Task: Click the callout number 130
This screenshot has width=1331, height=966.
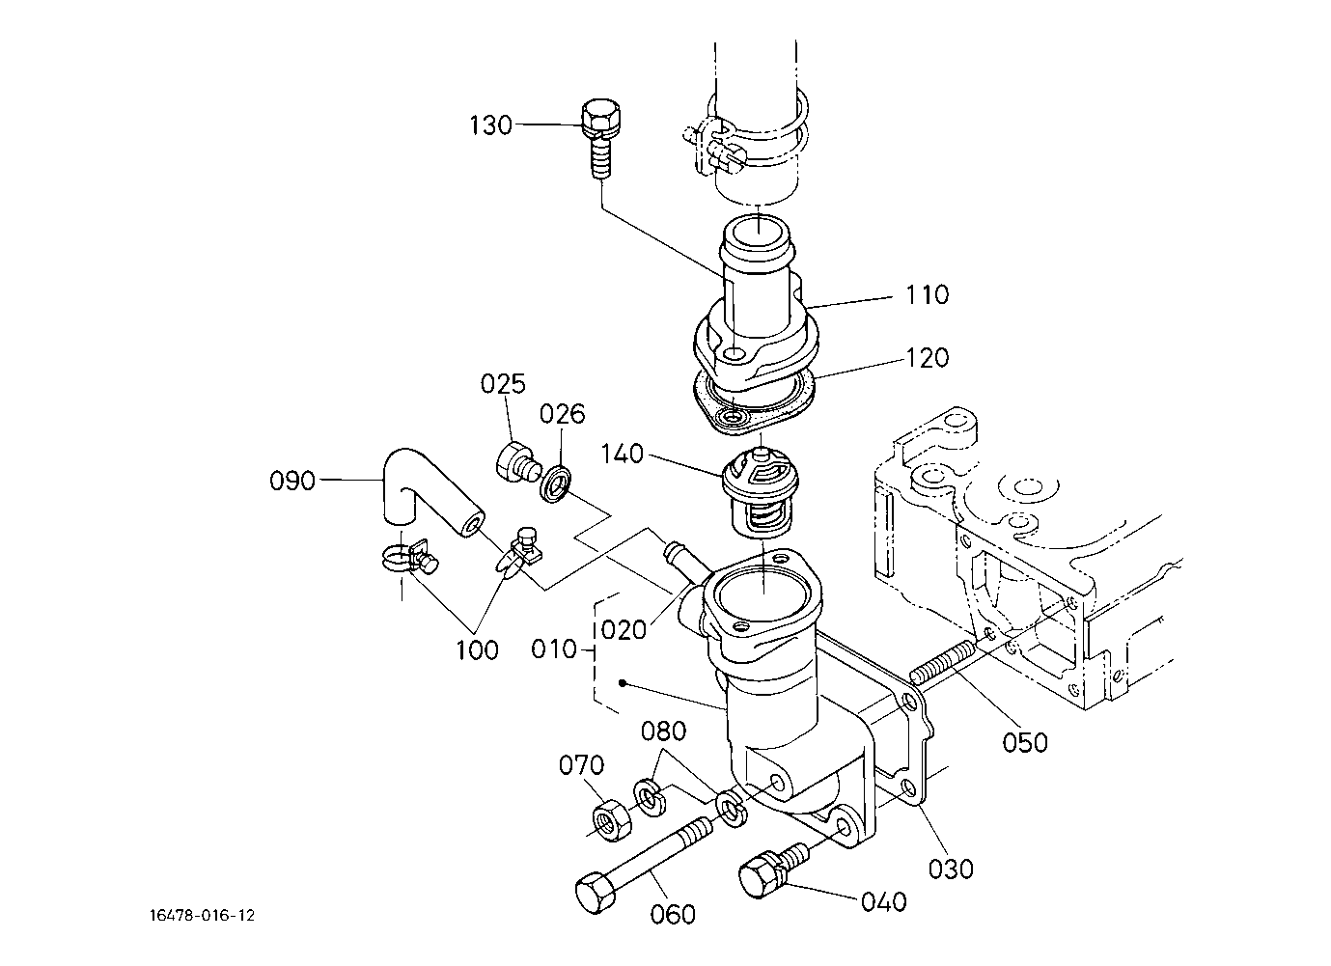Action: [491, 125]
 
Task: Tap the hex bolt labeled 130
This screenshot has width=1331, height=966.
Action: [600, 139]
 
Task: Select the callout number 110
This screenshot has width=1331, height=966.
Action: [927, 294]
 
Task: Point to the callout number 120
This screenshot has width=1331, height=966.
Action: [927, 358]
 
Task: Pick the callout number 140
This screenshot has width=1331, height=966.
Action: [623, 454]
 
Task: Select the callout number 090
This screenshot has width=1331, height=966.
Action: [291, 481]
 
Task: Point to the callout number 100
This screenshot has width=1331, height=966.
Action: [477, 650]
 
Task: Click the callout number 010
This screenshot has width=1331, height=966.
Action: [554, 649]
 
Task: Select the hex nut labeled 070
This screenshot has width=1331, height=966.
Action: [612, 820]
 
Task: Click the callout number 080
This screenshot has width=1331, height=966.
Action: [663, 731]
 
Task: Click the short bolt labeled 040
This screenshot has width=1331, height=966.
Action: [771, 869]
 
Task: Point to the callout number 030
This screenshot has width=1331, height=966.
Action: [951, 869]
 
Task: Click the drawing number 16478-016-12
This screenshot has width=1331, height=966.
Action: [202, 916]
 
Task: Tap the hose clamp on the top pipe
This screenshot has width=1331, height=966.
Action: [745, 138]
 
